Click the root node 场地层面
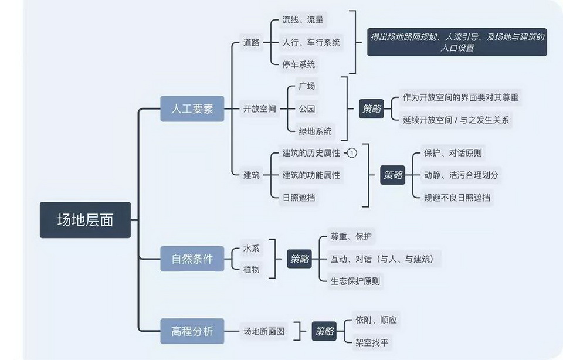(85, 220)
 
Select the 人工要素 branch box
(192, 109)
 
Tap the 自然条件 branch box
(192, 259)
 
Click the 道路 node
(252, 42)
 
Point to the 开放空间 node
(259, 108)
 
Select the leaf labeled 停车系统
(299, 64)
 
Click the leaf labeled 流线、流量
(303, 20)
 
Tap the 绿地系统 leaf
(315, 131)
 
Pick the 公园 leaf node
(307, 108)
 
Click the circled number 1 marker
(352, 153)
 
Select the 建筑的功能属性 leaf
(311, 175)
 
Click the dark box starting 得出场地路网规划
(457, 43)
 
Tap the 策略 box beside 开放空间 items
(371, 108)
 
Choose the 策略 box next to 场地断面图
(324, 331)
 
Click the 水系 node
(251, 249)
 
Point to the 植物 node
(251, 270)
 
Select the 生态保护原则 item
(355, 281)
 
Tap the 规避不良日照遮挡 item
(457, 198)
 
